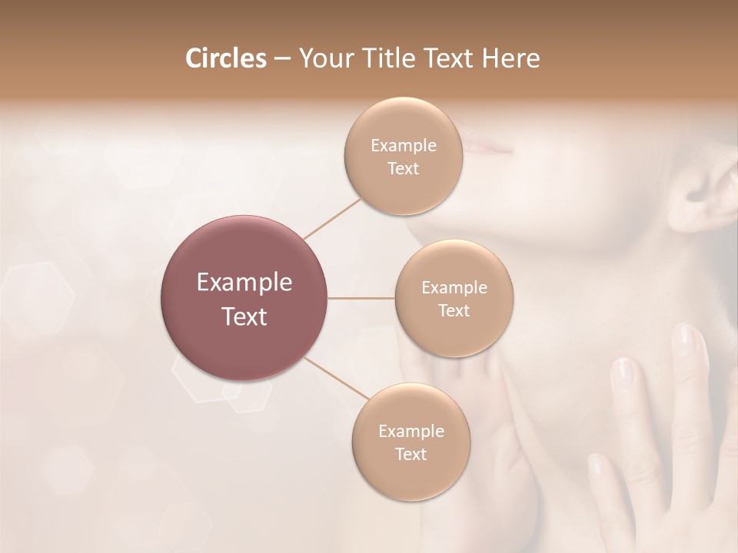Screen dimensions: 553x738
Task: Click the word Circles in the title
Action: pos(226,58)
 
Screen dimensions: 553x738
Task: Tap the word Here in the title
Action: pos(510,58)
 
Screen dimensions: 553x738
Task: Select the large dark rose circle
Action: pos(244,298)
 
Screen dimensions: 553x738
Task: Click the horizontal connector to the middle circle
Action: pos(361,298)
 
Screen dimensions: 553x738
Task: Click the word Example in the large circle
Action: pos(244,283)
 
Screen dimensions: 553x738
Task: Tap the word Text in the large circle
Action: pos(244,316)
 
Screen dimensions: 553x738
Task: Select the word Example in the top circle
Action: pos(403,146)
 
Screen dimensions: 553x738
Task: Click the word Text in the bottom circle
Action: pos(411,454)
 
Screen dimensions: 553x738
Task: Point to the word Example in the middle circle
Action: pos(454,288)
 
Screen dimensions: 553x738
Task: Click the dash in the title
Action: pos(281,59)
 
